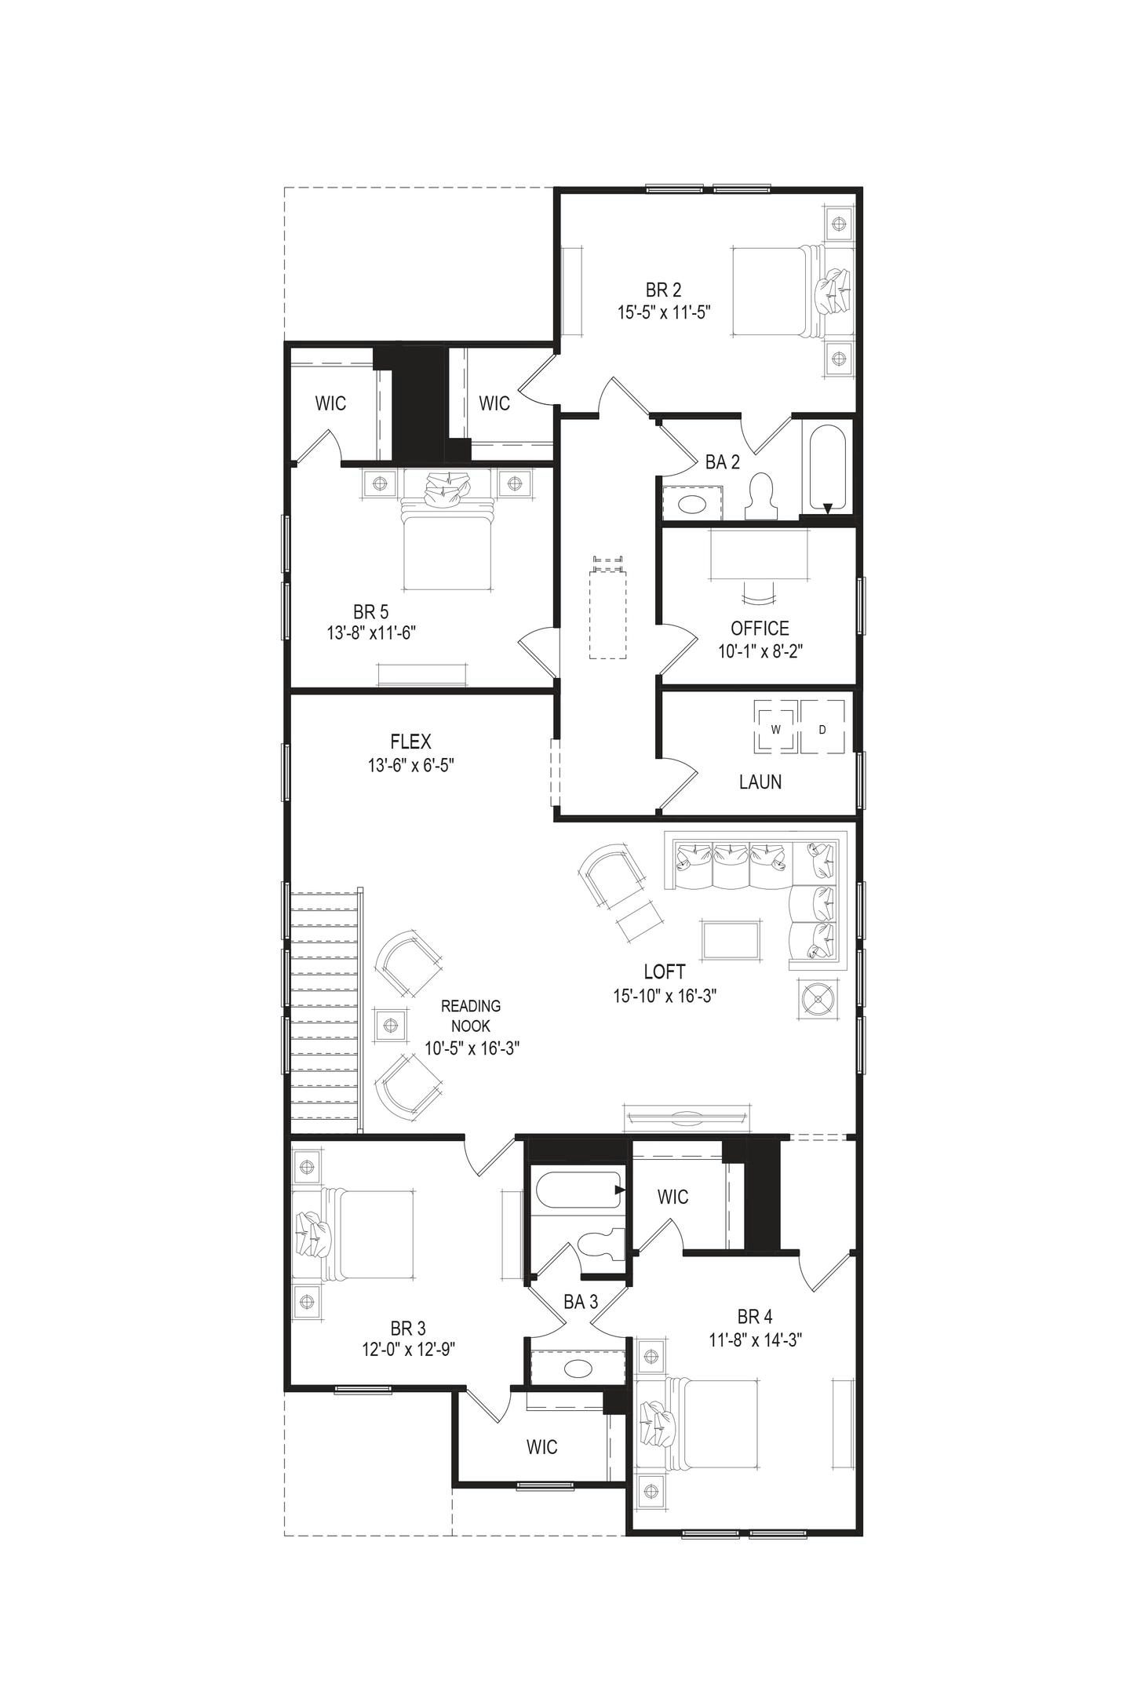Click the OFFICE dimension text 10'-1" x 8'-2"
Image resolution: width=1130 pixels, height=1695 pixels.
[760, 651]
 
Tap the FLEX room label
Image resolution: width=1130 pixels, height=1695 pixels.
[410, 742]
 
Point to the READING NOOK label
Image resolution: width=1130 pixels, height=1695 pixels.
[471, 1015]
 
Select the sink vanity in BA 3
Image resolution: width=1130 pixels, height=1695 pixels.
[578, 1369]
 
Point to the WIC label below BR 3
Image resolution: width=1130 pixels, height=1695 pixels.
[541, 1446]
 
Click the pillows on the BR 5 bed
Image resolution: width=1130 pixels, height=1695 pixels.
[446, 489]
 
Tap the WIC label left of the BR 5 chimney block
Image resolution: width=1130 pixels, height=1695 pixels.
[330, 403]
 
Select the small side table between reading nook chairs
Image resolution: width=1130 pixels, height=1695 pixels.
[390, 1025]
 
